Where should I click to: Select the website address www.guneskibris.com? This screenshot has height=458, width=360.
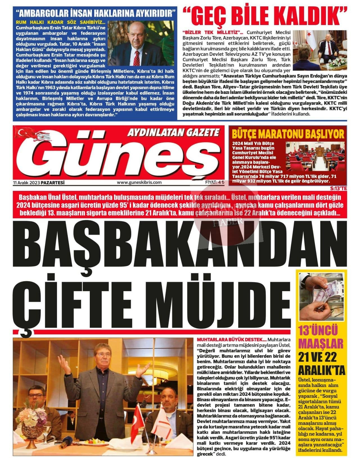(x=139, y=182)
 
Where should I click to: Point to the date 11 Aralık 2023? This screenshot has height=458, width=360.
(x=27, y=182)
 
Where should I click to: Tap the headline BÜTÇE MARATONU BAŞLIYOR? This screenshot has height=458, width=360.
(x=288, y=134)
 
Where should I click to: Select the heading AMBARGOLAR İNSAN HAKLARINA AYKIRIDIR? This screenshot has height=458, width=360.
(x=96, y=13)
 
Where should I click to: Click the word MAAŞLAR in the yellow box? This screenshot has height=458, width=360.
(x=321, y=344)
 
